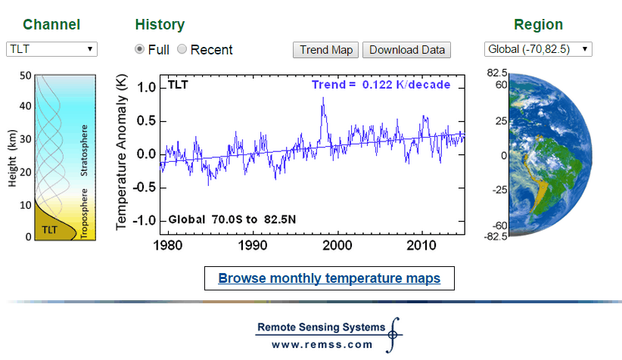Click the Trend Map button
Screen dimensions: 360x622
coord(326,50)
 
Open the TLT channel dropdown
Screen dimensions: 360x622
coord(51,49)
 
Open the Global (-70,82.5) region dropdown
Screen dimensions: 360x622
coord(538,49)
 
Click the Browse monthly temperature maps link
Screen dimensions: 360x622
coord(329,278)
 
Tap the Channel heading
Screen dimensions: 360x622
coord(51,24)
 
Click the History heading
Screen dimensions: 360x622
coord(160,24)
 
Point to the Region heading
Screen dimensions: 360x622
coord(538,24)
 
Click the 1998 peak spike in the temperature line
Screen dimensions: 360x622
coord(323,99)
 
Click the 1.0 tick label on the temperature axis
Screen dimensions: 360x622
coord(148,88)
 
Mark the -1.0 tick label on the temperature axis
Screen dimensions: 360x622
coord(145,220)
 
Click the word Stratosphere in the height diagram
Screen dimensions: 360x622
coord(85,151)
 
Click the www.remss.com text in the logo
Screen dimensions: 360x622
coord(322,344)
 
